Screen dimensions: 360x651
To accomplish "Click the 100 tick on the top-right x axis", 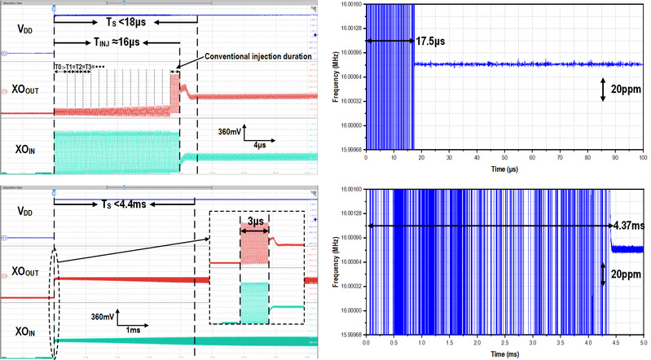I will tap(643, 157).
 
